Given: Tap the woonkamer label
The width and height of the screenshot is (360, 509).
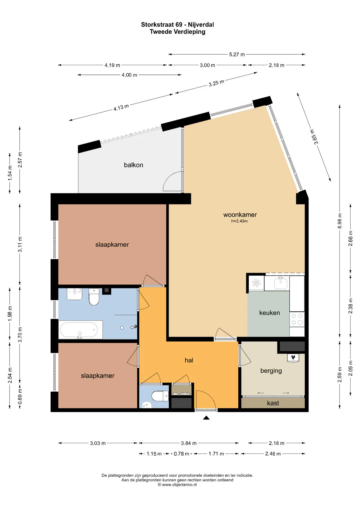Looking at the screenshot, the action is coord(240,215).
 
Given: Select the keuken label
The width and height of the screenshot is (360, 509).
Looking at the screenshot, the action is coord(269,313).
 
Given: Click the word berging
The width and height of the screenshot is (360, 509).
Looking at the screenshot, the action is coord(271,371).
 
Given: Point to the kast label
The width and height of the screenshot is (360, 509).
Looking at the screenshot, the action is coord(273,403).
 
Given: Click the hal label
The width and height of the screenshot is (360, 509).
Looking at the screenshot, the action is coord(189,360).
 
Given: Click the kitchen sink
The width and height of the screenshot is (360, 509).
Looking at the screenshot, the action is coord(280,283).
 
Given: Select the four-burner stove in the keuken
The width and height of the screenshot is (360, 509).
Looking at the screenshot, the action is coord(297,319).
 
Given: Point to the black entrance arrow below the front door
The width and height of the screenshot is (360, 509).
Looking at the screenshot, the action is coord(206,417).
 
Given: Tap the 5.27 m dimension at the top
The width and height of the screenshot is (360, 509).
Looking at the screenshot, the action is coord(237,55).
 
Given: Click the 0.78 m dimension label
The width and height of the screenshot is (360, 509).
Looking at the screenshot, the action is coord(181,454).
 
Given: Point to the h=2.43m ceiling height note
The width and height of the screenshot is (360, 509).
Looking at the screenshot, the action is coord(239,221).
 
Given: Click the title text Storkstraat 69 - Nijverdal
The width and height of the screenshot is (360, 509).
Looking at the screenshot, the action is coord(177,25).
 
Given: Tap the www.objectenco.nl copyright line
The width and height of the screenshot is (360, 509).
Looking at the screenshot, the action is coord(177,485).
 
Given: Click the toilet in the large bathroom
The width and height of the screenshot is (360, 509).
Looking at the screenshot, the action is coord(94,297).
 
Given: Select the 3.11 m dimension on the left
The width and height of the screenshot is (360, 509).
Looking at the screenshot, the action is coord(20,244).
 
